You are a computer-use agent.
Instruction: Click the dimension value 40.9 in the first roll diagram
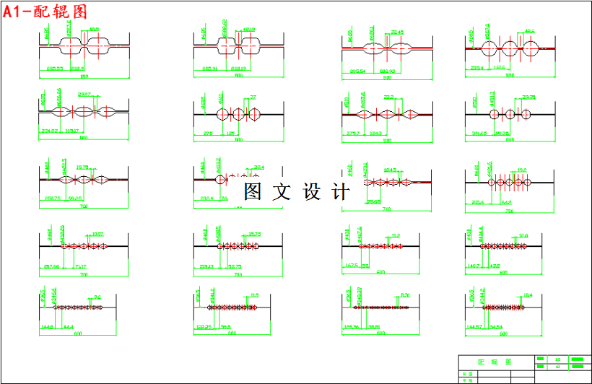coord(94,30)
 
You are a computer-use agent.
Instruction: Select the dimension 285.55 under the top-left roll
coord(55,69)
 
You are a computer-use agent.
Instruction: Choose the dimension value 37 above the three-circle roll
coord(253,97)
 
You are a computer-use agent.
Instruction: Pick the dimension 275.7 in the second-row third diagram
coord(354,133)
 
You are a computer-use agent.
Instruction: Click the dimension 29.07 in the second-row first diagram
coord(84,95)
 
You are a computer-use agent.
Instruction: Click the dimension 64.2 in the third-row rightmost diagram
coord(506,203)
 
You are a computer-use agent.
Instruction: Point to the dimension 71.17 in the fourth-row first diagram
coord(81,266)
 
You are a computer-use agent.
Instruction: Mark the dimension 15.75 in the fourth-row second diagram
coord(254,234)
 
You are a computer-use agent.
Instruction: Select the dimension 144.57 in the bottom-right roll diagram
coord(475,327)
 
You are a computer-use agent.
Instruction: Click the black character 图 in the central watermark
coord(252,192)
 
